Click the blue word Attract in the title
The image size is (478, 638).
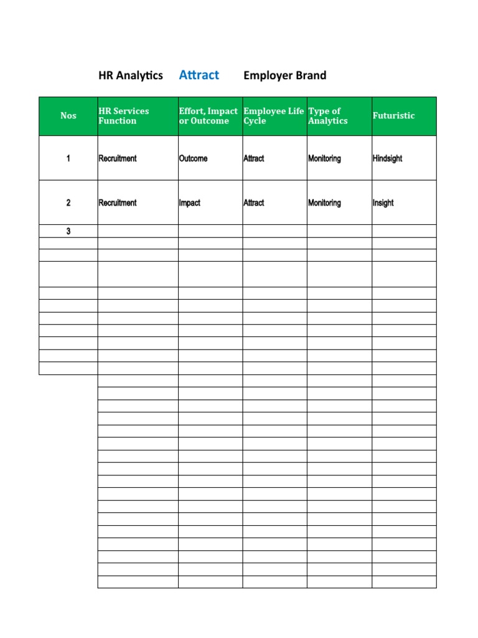[199, 75]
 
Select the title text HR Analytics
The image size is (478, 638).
[131, 75]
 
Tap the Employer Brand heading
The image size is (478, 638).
[284, 75]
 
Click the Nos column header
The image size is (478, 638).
[68, 116]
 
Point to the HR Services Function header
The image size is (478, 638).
[124, 116]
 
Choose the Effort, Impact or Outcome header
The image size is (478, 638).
[209, 116]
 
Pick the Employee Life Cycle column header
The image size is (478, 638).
[274, 116]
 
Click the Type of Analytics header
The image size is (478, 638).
[328, 116]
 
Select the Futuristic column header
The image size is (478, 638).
[393, 116]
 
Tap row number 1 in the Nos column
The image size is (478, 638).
[68, 159]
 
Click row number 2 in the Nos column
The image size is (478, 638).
[68, 203]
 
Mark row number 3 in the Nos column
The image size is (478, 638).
[68, 231]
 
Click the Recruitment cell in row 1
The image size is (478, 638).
[118, 159]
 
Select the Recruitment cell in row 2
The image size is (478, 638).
[118, 203]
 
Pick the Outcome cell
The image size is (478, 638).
[193, 159]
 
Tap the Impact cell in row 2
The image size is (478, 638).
[190, 203]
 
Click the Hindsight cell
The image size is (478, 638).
[387, 159]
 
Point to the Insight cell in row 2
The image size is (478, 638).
[383, 203]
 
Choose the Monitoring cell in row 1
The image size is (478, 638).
[324, 159]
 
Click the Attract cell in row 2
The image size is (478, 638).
[254, 203]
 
